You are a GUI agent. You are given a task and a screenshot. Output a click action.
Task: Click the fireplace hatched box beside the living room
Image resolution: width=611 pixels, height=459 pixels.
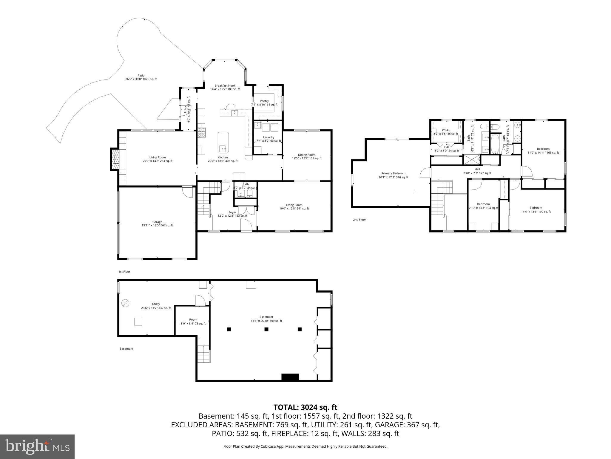115,159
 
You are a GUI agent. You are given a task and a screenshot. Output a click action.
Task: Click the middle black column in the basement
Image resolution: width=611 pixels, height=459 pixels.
266,329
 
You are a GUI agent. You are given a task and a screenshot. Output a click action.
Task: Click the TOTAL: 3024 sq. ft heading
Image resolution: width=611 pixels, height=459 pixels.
305,407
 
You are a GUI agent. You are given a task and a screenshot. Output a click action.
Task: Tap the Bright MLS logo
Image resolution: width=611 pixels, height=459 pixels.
37,446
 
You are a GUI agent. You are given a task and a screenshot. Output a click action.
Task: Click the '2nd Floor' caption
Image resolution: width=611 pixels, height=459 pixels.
359,220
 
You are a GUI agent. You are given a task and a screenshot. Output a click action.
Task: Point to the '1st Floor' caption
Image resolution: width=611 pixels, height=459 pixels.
124,272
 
